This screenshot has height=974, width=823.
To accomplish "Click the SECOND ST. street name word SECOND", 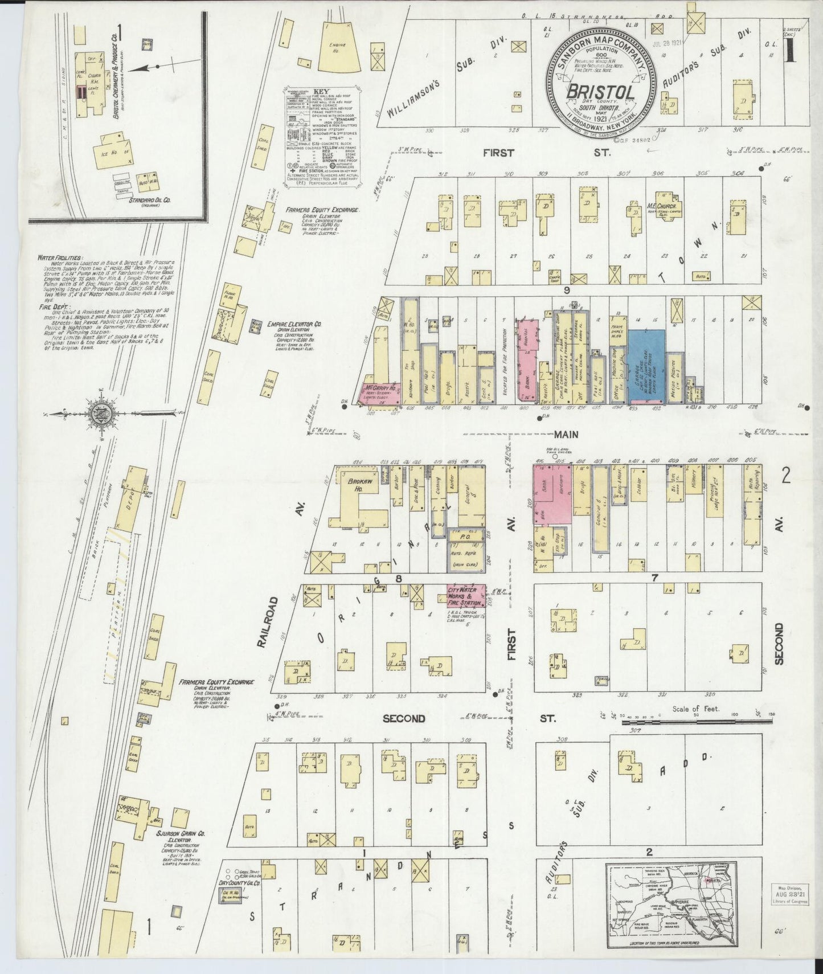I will (x=403, y=719).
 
